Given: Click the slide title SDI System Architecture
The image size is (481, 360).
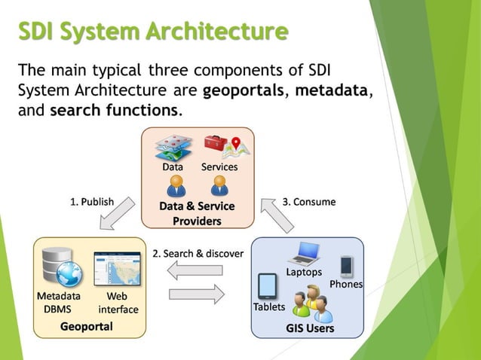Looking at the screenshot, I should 153,32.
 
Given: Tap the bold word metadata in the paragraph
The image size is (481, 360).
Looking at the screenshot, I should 332,91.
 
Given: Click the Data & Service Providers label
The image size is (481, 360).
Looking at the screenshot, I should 197,213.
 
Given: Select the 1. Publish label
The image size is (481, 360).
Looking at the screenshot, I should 92,202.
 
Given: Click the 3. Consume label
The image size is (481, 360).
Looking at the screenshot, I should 309,202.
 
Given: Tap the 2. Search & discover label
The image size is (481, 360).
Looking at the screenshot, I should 198,254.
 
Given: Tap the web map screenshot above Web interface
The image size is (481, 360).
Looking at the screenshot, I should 117,269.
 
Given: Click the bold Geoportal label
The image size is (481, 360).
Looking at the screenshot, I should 87,326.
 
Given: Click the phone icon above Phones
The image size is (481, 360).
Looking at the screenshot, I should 346,266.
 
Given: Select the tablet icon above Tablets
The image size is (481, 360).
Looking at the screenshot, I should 268,287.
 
